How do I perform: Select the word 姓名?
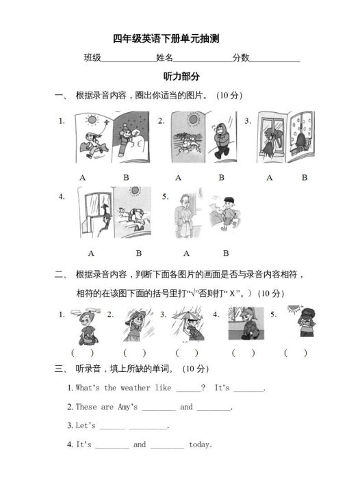164,58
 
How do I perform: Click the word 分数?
240,58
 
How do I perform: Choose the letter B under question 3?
305,177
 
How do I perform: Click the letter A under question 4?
91,252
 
